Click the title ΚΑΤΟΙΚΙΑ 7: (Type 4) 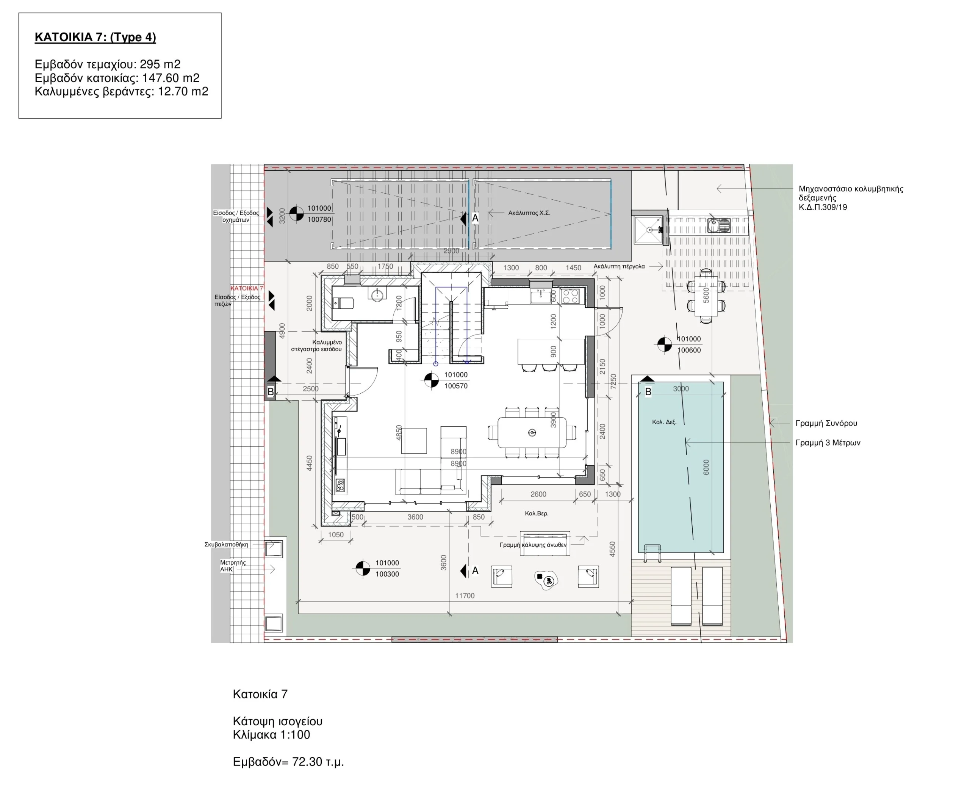(x=95, y=37)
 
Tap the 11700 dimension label (x=465, y=596)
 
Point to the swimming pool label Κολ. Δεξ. (x=664, y=422)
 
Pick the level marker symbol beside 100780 (x=296, y=213)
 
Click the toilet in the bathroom (x=343, y=303)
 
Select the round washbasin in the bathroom (x=377, y=294)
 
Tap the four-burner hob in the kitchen (x=571, y=296)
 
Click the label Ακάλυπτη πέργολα (x=619, y=266)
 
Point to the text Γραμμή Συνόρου (x=826, y=423)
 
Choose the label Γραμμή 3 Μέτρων (x=828, y=443)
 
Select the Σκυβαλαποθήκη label (x=226, y=545)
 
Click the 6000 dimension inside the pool (x=706, y=467)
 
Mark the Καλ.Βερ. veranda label (x=536, y=513)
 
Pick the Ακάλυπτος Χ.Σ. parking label (x=529, y=213)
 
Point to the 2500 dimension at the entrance (x=310, y=389)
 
